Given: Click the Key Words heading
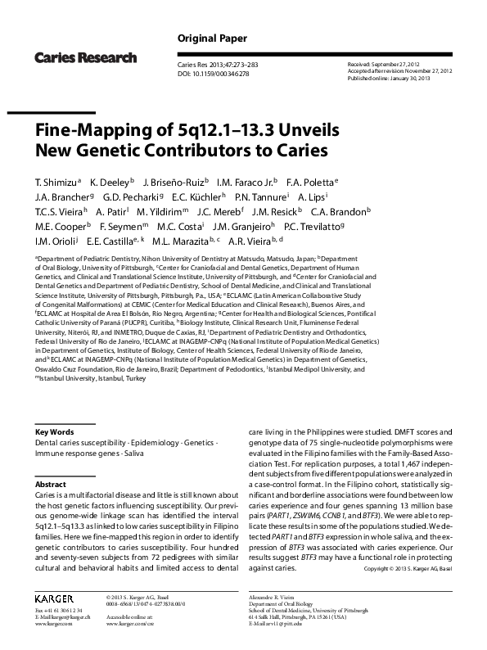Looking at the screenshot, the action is tap(54, 431).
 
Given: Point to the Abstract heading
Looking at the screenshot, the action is tap(50, 485).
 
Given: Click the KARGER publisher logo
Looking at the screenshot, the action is tap(54, 599).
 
